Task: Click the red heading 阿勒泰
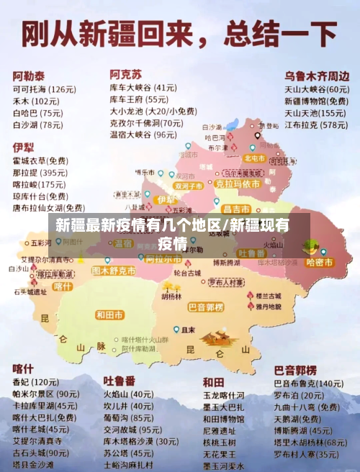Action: pyautogui.click(x=29, y=75)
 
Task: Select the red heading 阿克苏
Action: pyautogui.click(x=126, y=74)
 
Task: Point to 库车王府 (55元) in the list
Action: pyautogui.click(x=139, y=99)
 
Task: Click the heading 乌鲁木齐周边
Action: pyautogui.click(x=317, y=76)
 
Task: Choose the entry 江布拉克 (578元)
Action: pyautogui.click(x=315, y=124)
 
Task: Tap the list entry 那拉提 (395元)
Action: pyautogui.click(x=40, y=173)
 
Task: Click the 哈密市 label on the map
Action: pyautogui.click(x=320, y=262)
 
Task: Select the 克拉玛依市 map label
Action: pyautogui.click(x=237, y=184)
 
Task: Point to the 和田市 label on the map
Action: pyautogui.click(x=109, y=314)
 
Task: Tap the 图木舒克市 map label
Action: pyautogui.click(x=114, y=271)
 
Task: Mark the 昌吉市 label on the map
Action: pyautogui.click(x=235, y=208)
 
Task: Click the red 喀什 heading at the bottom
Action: pyautogui.click(x=23, y=368)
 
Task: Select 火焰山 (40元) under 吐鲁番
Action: pyautogui.click(x=127, y=394)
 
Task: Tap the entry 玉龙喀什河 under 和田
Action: pyautogui.click(x=223, y=395)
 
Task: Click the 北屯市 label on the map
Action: pyautogui.click(x=254, y=158)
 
